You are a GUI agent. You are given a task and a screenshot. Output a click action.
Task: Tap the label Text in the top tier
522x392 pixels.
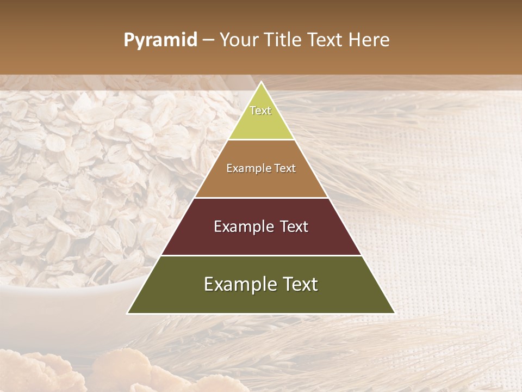[260, 111]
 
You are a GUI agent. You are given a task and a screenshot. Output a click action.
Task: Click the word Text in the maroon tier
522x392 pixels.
[290, 226]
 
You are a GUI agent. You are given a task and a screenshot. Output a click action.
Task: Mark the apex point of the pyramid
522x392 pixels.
[261, 82]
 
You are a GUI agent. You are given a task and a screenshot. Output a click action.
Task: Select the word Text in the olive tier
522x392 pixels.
[298, 284]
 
